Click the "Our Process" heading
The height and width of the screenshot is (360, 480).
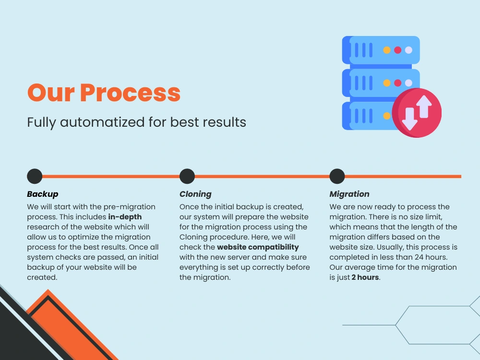104,93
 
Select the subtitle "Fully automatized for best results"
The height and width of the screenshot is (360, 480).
136,122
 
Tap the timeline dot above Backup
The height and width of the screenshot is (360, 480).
35,176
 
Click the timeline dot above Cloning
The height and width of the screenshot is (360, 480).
187,176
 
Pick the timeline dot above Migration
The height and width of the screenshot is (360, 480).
337,176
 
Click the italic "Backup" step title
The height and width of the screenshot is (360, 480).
43,194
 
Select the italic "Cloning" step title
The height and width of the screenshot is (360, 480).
195,194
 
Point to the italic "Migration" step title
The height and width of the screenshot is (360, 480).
349,194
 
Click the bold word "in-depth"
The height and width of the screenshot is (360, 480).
125,217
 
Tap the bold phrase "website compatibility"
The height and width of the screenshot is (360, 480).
258,247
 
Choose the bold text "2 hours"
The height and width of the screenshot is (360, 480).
365,277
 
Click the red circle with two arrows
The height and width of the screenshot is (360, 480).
416,113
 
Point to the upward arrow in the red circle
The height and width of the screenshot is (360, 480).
424,107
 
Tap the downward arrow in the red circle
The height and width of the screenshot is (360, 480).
409,119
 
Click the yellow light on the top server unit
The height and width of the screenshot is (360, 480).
387,50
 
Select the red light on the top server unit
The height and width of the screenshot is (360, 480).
397,50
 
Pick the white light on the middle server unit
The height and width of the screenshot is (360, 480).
408,83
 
